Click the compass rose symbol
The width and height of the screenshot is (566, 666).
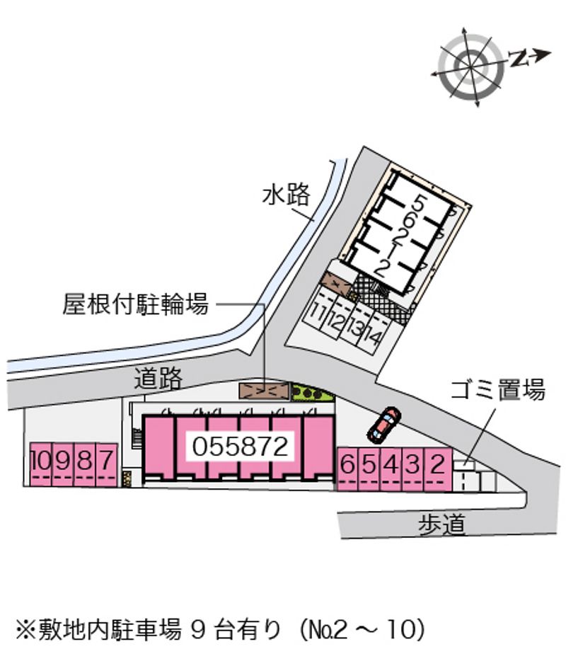471,67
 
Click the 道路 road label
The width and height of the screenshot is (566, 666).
158,379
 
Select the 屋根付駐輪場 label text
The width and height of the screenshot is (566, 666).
136,304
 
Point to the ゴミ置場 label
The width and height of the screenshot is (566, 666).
497,389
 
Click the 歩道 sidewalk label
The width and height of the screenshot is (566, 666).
442,524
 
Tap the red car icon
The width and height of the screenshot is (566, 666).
383,425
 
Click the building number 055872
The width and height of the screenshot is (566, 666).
241,447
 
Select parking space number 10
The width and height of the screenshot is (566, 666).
41,465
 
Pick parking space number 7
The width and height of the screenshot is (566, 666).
107,465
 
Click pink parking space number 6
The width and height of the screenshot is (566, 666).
348,469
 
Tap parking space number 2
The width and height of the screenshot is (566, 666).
438,469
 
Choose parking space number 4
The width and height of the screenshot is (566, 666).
391,469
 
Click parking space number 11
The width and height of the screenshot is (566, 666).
317,313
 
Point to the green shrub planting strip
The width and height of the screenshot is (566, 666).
313,393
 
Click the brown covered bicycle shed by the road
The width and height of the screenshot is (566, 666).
264,391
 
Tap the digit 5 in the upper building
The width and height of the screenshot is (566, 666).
418,204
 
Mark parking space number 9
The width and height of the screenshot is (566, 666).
62,465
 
